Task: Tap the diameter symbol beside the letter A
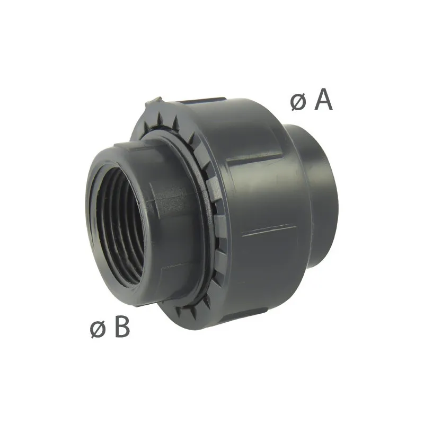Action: [x=298, y=103]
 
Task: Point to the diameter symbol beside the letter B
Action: [x=98, y=330]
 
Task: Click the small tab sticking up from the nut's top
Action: [x=154, y=102]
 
